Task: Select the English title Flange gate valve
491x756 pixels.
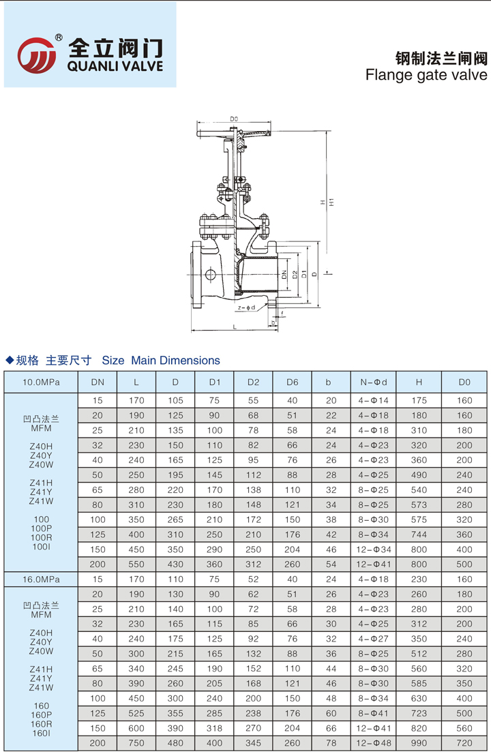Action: coord(427,74)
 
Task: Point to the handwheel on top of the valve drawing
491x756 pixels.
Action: coord(234,132)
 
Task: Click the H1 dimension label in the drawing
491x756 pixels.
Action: coord(331,202)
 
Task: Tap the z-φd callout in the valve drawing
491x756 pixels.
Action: coord(246,308)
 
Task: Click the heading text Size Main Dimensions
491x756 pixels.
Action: coord(161,361)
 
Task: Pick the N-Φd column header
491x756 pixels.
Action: coord(374,382)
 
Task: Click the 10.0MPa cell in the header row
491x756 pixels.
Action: coord(42,382)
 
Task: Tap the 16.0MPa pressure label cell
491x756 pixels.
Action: coord(42,579)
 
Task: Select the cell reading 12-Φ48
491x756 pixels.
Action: coord(374,742)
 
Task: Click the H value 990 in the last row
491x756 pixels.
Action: coord(419,742)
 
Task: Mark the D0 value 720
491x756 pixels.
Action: coord(464,742)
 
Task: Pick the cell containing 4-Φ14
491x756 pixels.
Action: coord(374,400)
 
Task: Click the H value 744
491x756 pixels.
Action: coord(419,534)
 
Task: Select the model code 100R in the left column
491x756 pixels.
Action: coord(42,537)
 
